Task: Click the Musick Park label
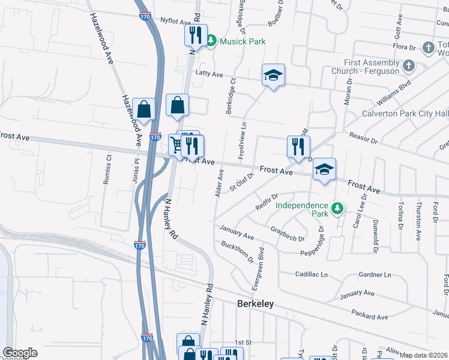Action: (243, 41)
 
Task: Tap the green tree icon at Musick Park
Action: (211, 41)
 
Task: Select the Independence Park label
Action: (302, 209)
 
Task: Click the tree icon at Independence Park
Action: (337, 208)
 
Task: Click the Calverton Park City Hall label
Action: (405, 114)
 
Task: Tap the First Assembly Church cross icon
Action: (408, 65)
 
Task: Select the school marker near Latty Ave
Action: (273, 75)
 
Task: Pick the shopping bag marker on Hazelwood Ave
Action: (144, 109)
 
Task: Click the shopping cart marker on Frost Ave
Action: (176, 145)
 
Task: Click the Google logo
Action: (20, 353)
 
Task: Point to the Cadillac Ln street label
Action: (312, 274)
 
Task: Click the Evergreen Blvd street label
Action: (261, 263)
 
